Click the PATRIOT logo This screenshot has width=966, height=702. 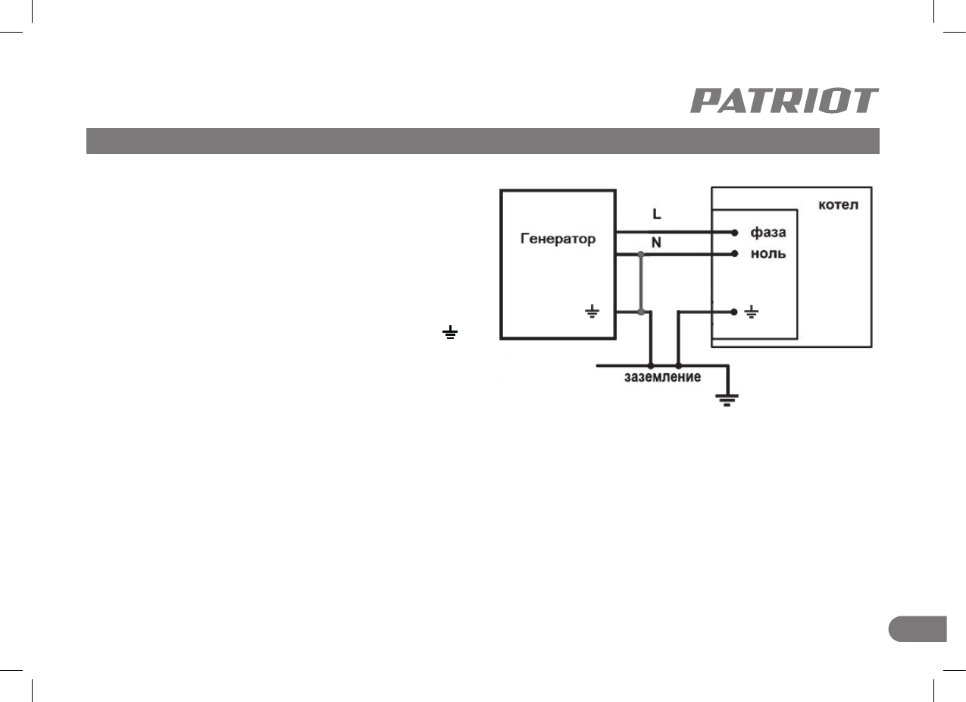point(784,101)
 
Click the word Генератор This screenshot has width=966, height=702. point(558,239)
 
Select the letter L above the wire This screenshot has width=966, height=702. point(656,215)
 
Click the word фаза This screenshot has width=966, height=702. point(767,231)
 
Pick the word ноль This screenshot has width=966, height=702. point(767,254)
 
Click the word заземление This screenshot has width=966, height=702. point(661,377)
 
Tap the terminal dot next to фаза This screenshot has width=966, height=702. point(735,232)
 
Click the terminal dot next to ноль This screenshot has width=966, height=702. point(735,255)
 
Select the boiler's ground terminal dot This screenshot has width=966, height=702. point(735,311)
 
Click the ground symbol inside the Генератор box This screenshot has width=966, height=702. point(592,311)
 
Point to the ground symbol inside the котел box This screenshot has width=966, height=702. point(752,312)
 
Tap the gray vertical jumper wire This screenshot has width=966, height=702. point(641,283)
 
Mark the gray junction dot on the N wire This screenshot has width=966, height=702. point(641,255)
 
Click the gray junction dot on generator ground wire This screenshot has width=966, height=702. point(641,311)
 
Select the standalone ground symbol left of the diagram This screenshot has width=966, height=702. point(451,332)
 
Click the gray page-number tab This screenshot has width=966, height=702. point(918,629)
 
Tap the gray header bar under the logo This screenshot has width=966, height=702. point(483,141)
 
